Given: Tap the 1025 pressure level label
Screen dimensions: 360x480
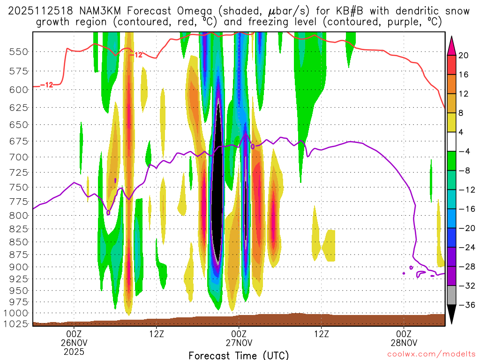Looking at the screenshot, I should point(16,323).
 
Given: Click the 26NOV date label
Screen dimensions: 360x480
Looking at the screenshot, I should point(75,343).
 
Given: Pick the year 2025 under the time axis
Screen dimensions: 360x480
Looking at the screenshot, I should point(75,351).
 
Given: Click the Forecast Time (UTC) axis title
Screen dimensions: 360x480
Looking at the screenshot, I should point(239,355).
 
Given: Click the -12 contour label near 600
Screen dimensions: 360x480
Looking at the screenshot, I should point(46,85).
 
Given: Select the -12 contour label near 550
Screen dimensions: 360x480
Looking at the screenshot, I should point(135,55).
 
